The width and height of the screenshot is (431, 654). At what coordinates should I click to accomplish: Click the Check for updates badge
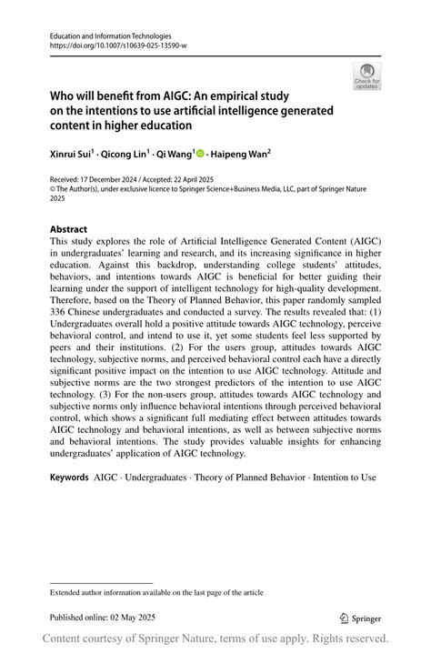[x=366, y=76]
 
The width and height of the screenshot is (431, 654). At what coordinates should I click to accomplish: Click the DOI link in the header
[x=108, y=45]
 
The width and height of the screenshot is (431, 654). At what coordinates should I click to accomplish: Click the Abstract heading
[x=69, y=230]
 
